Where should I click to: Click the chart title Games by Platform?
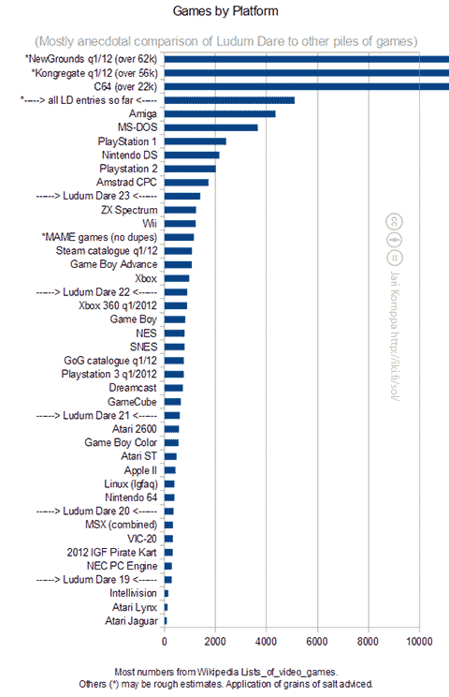[225, 11]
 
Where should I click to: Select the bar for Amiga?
[220, 113]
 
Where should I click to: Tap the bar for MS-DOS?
[210, 127]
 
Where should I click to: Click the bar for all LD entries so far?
[229, 99]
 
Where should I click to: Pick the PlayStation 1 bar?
[196, 141]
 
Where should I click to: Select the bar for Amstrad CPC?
[186, 182]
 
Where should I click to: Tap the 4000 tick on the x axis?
[266, 642]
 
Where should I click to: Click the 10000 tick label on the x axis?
[418, 642]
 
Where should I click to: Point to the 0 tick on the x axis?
[165, 642]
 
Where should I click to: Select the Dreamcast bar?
[173, 387]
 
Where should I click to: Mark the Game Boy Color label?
[118, 442]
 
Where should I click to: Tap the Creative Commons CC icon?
[395, 221]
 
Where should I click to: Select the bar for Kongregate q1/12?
[306, 72]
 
